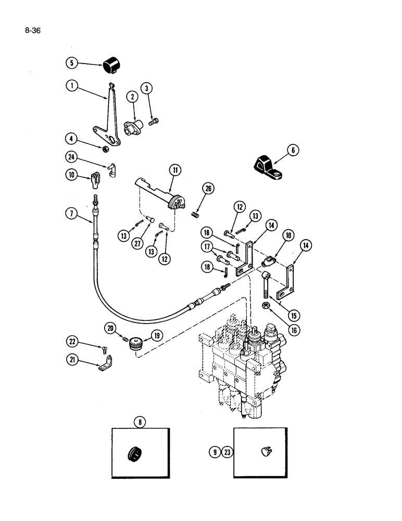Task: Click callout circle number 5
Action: coord(72,63)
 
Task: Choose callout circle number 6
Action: coord(293,151)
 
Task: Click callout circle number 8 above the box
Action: coord(140,423)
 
